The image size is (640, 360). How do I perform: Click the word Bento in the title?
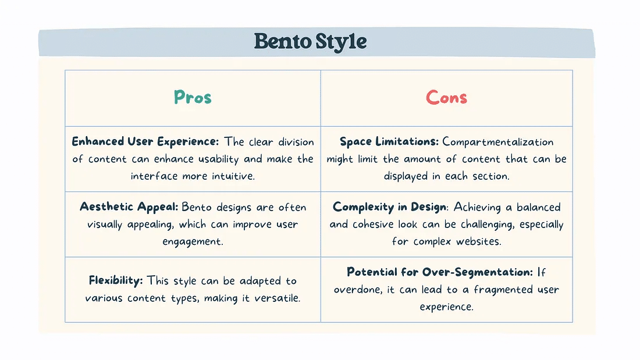pyautogui.click(x=282, y=41)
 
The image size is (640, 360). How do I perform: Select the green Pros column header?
pyautogui.click(x=193, y=97)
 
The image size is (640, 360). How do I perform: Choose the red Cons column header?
pyautogui.click(x=446, y=97)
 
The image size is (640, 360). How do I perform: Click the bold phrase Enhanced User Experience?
pyautogui.click(x=145, y=142)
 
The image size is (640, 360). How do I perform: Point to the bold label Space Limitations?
pyautogui.click(x=389, y=142)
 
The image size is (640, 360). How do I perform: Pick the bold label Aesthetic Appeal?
pyautogui.click(x=129, y=206)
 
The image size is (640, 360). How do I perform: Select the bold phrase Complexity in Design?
pyautogui.click(x=389, y=207)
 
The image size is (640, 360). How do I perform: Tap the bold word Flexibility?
pyautogui.click(x=116, y=280)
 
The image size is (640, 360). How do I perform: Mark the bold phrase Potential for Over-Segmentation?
pyautogui.click(x=440, y=272)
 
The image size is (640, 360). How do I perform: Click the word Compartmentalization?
pyautogui.click(x=498, y=142)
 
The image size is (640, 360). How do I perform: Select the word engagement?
pyautogui.click(x=193, y=241)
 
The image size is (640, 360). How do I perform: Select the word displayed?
pyautogui.click(x=406, y=176)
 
